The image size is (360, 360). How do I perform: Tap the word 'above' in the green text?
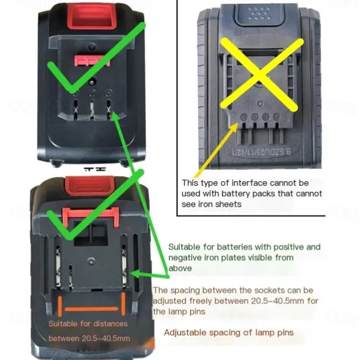[x=181, y=268]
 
